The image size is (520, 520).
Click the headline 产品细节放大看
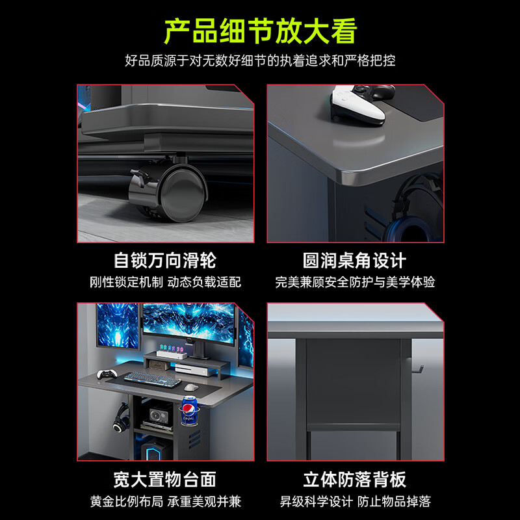pyautogui.click(x=260, y=31)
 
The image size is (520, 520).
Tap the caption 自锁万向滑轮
pyautogui.click(x=165, y=261)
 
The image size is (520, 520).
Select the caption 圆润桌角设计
pyautogui.click(x=354, y=261)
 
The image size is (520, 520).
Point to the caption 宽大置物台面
pyautogui.click(x=165, y=480)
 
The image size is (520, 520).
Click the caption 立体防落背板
pyautogui.click(x=354, y=480)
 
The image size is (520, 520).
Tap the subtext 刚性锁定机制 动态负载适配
pyautogui.click(x=165, y=282)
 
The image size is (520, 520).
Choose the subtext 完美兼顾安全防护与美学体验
pyautogui.click(x=354, y=282)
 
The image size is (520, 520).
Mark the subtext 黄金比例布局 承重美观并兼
pyautogui.click(x=165, y=501)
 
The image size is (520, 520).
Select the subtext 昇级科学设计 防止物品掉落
pyautogui.click(x=354, y=501)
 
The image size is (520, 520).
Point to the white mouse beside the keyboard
pyautogui.click(x=188, y=387)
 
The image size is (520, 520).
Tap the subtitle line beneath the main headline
pyautogui.click(x=260, y=61)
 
